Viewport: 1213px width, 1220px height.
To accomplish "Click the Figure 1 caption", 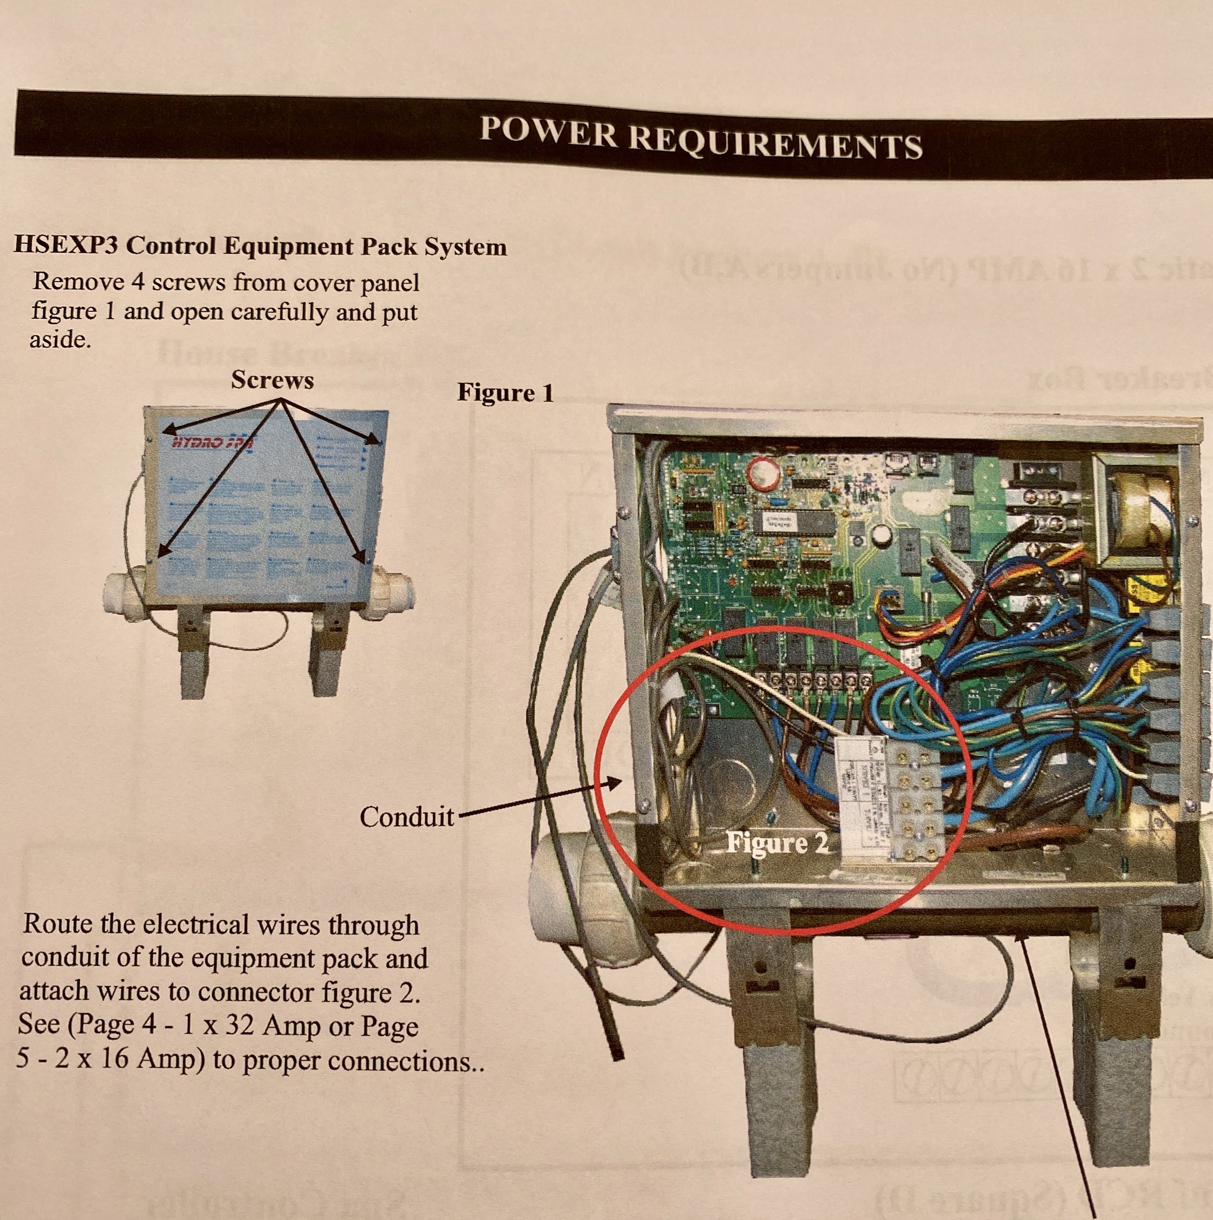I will pos(505,393).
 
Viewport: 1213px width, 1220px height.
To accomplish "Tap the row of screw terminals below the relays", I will pos(815,681).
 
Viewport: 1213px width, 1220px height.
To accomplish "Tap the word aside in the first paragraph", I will pos(60,340).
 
